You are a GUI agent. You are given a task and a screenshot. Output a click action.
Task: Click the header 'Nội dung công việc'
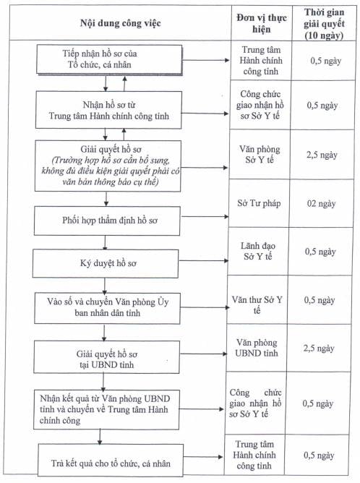[121, 23]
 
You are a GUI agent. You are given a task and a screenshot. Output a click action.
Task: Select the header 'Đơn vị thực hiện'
[262, 23]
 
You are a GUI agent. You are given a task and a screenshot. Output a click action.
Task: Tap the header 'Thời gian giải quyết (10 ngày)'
[324, 24]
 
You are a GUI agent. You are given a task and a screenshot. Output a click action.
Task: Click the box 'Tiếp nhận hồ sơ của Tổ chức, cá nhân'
[109, 59]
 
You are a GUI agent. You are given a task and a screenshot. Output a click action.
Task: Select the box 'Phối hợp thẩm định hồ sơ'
[107, 221]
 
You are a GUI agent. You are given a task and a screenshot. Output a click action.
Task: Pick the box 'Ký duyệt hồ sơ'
[106, 263]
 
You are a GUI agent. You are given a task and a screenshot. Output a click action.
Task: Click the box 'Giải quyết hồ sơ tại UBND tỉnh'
[106, 357]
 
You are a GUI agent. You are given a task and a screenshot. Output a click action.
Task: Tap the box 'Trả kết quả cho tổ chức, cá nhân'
[111, 460]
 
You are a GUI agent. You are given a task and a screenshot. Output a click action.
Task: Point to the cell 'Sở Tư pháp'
[259, 203]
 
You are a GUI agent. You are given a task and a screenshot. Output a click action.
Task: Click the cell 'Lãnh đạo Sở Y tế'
[258, 251]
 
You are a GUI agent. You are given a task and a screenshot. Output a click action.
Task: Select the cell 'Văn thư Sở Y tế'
[257, 304]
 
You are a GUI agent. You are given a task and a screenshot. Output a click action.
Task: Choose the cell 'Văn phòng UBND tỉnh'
[257, 348]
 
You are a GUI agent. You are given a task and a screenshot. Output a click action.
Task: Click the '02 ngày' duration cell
[321, 204]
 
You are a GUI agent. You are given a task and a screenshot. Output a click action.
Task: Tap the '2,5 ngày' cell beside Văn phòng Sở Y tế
[322, 155]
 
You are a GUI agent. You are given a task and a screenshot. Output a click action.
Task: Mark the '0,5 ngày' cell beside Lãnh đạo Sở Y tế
[320, 252]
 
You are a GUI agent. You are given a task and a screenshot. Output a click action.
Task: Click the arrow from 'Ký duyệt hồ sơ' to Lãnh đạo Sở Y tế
[204, 260]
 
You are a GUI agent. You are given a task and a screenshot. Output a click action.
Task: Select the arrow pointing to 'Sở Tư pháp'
[205, 216]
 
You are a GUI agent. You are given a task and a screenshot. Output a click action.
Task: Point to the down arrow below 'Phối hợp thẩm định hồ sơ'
[105, 242]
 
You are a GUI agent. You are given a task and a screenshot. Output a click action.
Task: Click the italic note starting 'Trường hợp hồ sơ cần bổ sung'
[111, 171]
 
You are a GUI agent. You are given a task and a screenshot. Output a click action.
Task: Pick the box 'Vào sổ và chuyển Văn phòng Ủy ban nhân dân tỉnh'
[107, 308]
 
